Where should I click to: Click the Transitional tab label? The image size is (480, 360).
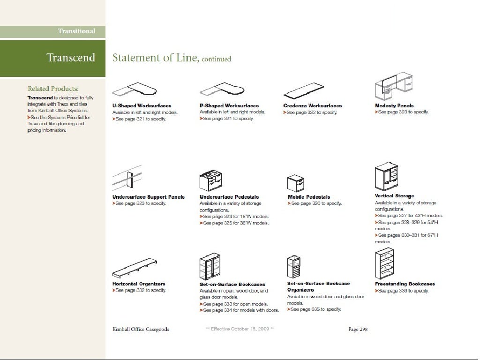pos(76,31)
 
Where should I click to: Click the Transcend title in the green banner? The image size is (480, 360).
pos(71,58)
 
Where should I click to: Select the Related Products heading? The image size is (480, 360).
pos(53,89)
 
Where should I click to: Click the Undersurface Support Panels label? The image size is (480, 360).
pos(149,197)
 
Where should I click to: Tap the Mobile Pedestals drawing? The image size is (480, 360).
pos(296,182)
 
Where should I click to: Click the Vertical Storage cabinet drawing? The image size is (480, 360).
pos(386,177)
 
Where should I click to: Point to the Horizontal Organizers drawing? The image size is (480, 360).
pos(135,268)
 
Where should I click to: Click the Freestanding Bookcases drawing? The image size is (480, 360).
pos(384,264)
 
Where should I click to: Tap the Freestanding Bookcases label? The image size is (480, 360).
pos(405,284)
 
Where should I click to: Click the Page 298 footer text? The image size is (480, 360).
pos(358,329)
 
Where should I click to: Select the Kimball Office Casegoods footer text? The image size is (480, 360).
pos(141,329)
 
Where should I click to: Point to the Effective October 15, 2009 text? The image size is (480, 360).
pos(240,329)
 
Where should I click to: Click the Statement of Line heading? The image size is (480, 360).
pos(172,58)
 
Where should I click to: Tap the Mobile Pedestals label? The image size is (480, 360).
pos(309,197)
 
